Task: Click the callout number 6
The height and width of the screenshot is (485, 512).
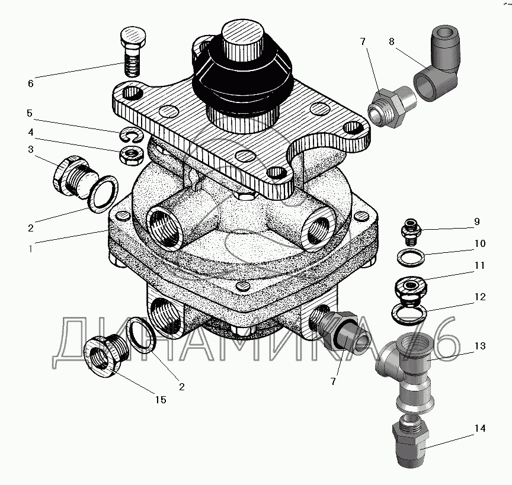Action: tap(30, 83)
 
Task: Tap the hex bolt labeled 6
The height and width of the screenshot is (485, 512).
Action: tap(133, 52)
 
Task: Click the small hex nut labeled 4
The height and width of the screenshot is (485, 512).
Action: tap(132, 156)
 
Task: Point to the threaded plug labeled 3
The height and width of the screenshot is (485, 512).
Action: tap(75, 176)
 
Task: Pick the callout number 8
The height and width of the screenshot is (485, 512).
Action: tap(392, 41)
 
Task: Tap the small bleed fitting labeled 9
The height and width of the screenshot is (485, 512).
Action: tap(411, 232)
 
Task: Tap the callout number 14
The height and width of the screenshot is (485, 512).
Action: tap(480, 428)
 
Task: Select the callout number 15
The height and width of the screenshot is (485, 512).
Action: tap(161, 400)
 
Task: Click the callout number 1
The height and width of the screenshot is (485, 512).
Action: tap(30, 249)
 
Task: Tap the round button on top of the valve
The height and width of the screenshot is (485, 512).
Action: tap(242, 40)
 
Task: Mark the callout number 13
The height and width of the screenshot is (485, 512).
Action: tap(480, 346)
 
